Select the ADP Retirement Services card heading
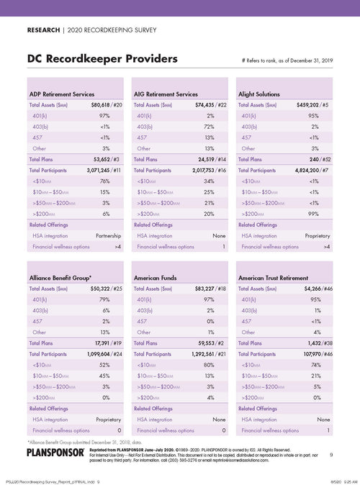63,94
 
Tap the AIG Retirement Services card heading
166,94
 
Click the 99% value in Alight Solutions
314,214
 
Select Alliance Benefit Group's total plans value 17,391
103,343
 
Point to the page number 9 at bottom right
331,455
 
